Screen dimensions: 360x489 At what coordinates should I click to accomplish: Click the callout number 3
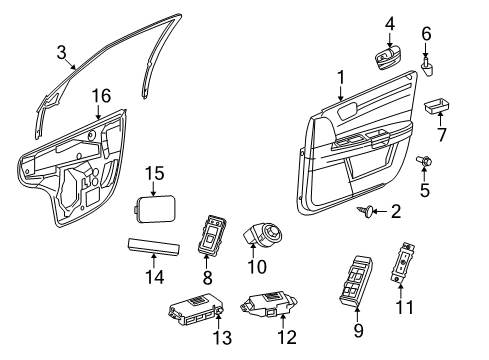pos(61,52)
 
